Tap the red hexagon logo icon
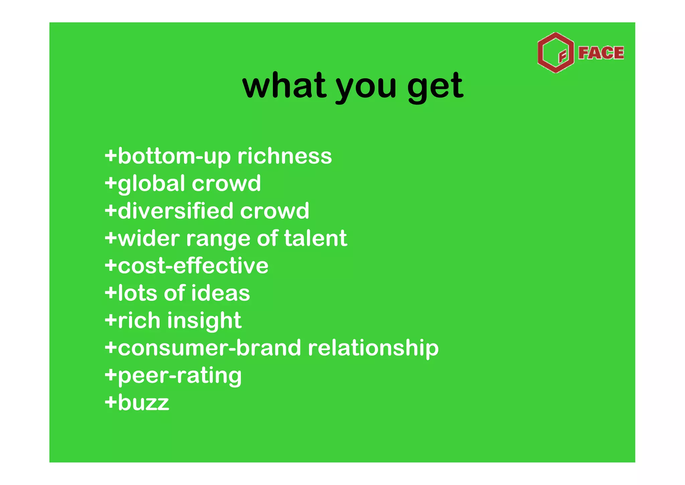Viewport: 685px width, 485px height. point(555,53)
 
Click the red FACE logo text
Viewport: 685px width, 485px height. point(601,53)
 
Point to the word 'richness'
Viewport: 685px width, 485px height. point(285,156)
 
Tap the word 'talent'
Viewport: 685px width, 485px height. point(315,238)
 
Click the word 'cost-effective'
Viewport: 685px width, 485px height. point(193,266)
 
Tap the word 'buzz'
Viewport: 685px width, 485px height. point(143,403)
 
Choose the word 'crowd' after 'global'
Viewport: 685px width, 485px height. point(226,184)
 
